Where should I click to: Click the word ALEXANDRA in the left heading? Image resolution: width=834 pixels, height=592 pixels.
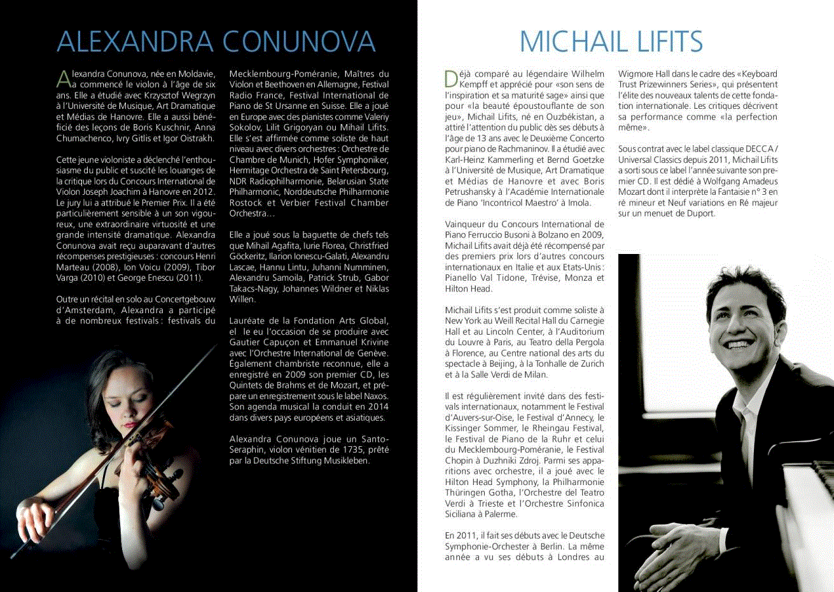coord(134,41)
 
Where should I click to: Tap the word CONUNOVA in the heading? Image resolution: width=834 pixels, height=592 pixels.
coord(299,41)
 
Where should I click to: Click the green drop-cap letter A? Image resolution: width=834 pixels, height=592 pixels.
coord(63,78)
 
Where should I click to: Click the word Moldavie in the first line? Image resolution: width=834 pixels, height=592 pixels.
coord(197,74)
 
